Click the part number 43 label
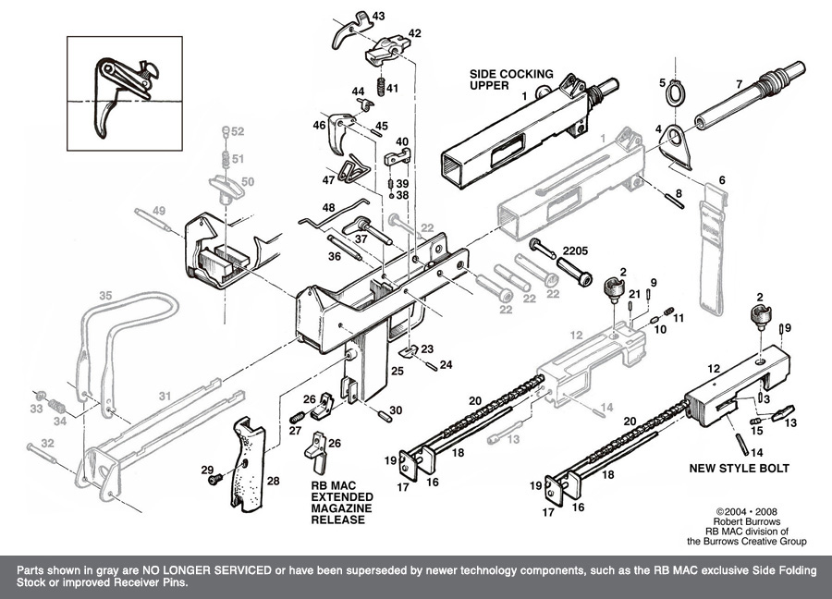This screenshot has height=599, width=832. click(x=379, y=16)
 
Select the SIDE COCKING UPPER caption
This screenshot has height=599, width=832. click(x=511, y=79)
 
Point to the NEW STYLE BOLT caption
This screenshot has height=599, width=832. click(x=740, y=469)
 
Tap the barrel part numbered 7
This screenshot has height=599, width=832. click(x=749, y=97)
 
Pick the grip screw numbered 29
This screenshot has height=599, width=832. click(x=215, y=480)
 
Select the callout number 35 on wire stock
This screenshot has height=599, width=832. click(x=105, y=295)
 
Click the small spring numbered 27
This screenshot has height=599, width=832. click(x=298, y=418)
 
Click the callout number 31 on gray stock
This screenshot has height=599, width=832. click(x=165, y=396)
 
